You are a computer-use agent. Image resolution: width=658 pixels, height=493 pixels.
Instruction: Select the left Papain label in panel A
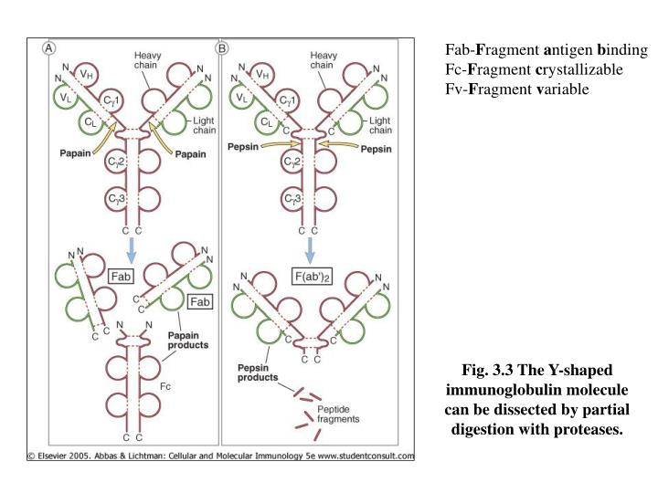(x=76, y=152)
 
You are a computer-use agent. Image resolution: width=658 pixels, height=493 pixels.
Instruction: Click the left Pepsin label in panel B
(x=241, y=145)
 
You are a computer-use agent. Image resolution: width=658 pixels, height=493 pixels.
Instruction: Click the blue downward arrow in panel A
(x=134, y=247)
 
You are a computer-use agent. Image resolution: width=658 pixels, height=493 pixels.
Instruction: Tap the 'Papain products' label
(x=187, y=341)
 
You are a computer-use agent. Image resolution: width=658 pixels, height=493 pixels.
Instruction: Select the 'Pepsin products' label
(x=252, y=372)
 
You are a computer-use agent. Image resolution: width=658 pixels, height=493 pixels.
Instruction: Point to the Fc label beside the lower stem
(x=165, y=386)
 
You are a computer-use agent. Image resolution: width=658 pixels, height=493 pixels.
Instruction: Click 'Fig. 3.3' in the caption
(x=487, y=371)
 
